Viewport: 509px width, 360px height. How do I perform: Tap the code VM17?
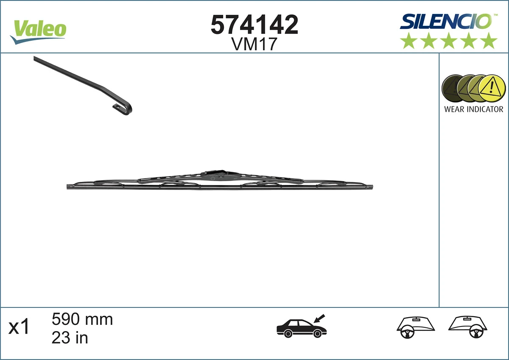[x=254, y=44]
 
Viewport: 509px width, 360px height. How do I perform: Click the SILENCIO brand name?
[x=445, y=21]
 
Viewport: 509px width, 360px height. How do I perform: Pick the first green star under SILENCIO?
[x=408, y=41]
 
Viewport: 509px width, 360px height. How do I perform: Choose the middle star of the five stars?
[x=448, y=41]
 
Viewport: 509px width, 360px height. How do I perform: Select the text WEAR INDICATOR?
[x=473, y=109]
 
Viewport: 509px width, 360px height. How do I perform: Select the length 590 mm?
[x=82, y=319]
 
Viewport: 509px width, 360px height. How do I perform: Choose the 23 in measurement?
[x=70, y=338]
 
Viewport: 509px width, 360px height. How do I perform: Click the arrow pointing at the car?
[x=319, y=318]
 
